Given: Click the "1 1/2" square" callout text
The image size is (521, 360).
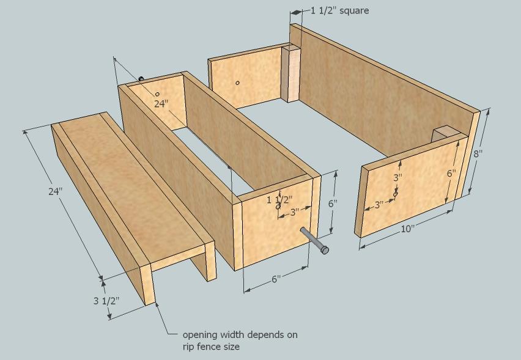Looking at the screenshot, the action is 339,10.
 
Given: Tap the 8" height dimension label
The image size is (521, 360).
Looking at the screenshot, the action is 478,153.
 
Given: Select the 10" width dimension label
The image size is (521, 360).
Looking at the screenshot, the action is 408,229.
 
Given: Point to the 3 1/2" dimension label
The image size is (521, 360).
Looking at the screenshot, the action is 106,301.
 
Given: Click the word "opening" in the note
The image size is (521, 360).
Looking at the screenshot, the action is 200,335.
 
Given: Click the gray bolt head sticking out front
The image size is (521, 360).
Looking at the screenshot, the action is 325,250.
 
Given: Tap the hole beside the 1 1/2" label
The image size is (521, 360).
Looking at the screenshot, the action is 278,207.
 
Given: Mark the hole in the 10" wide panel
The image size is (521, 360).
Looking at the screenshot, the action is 396,194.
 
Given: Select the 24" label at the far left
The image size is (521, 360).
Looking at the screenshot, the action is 56,191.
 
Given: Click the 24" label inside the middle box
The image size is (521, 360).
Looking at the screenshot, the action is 161,104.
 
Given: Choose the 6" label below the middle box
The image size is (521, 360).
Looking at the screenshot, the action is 276,279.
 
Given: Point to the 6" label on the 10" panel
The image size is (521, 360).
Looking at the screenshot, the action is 451,174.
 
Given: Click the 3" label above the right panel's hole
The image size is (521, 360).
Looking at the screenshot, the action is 398,178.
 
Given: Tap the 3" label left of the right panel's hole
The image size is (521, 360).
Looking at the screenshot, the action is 379,205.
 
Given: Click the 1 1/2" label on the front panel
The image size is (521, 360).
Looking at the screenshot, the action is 280,200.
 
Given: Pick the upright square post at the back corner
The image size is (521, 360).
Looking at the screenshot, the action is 292,74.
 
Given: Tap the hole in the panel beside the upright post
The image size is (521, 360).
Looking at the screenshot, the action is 238,83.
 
